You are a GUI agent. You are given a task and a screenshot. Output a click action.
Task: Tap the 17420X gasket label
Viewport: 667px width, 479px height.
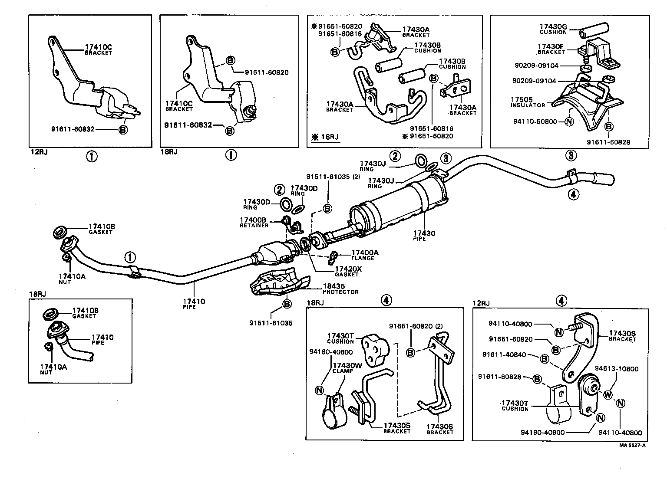pos(348,269)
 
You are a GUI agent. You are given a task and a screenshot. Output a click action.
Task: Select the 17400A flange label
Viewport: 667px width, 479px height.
pos(364,253)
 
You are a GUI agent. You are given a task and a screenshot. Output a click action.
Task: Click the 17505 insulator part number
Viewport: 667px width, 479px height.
pos(522,99)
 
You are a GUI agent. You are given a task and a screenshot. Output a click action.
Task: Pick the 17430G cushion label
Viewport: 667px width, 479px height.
pos(553,27)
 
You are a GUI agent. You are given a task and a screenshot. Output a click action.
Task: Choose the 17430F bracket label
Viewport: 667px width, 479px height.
pos(551,46)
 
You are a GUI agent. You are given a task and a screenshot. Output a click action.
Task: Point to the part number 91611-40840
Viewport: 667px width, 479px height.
pos(504,355)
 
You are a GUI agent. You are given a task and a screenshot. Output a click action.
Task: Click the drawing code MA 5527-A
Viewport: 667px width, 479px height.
pos(633,445)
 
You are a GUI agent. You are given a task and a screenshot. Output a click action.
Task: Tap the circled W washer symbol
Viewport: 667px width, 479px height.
pos(608,395)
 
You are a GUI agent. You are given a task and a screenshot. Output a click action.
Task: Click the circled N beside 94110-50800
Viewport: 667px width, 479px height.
pos(569,122)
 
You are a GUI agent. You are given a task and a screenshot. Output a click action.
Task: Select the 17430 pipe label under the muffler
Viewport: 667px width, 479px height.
pos(424,233)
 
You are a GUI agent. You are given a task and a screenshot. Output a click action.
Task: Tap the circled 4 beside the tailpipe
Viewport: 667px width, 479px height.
pos(573,195)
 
